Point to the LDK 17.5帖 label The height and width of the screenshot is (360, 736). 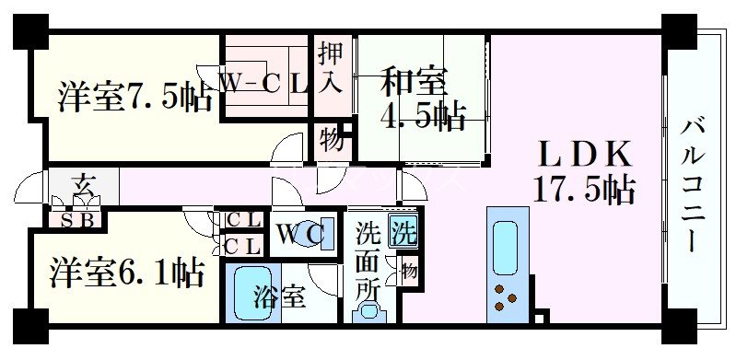click(582, 171)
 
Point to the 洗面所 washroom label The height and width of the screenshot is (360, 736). click(368, 261)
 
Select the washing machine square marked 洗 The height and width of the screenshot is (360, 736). click(403, 231)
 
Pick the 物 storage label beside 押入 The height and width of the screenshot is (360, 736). click(332, 141)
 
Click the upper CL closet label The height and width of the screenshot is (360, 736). click(243, 221)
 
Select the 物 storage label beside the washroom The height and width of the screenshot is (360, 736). click(408, 271)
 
